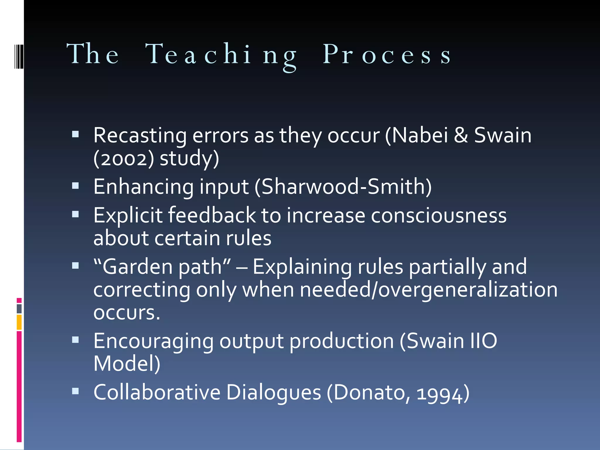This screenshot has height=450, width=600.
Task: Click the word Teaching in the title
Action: coord(221,54)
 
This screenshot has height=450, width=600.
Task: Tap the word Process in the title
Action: coord(387,54)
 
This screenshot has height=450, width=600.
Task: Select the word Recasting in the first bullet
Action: coord(140,136)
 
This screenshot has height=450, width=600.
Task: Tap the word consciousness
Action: coord(439,215)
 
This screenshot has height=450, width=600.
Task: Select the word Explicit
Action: coord(128,215)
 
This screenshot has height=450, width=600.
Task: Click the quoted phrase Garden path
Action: coord(162,267)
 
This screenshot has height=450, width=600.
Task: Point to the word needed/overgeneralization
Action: coord(429,290)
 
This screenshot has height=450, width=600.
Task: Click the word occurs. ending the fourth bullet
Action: coord(127,313)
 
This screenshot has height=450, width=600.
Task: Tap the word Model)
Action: coord(127,364)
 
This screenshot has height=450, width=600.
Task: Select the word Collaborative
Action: coord(157,392)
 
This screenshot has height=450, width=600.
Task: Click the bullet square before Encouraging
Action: coord(76,340)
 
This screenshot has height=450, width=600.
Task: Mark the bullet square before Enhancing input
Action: coord(76,185)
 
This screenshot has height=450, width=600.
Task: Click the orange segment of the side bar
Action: coord(19,322)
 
